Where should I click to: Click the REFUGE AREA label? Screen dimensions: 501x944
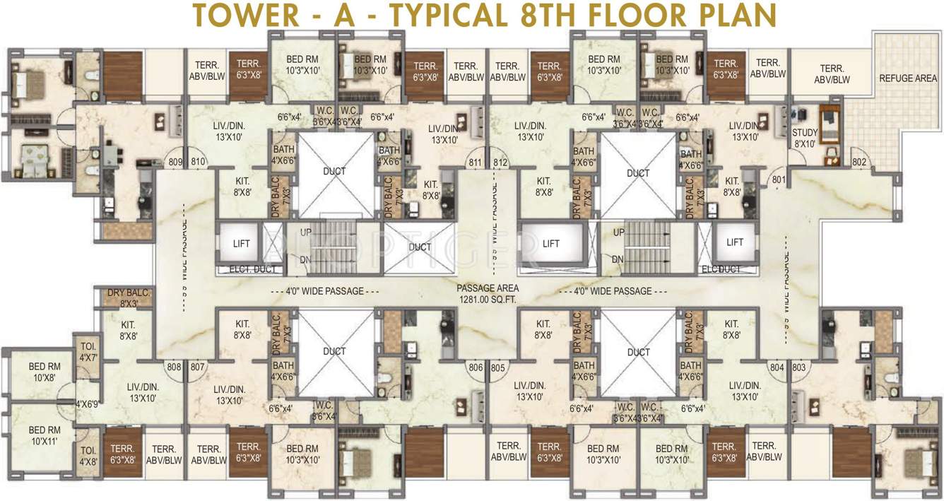point(908,78)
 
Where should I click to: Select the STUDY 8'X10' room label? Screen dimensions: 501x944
point(804,137)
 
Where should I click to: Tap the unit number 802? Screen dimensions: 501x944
point(859,162)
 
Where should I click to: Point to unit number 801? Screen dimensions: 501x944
point(779,179)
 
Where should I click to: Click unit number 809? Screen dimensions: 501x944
point(176,162)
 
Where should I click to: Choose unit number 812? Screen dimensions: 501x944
point(501,163)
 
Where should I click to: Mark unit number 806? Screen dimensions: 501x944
point(476,367)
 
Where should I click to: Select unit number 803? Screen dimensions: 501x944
point(798,367)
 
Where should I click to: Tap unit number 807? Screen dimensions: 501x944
point(198,367)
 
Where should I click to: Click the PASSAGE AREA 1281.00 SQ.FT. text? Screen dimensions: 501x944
point(488,293)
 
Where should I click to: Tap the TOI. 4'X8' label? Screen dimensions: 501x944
point(88,456)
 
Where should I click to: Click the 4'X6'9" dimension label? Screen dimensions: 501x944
point(88,404)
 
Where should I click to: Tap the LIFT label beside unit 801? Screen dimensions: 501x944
point(735,242)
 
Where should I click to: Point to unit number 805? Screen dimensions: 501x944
point(498,367)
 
